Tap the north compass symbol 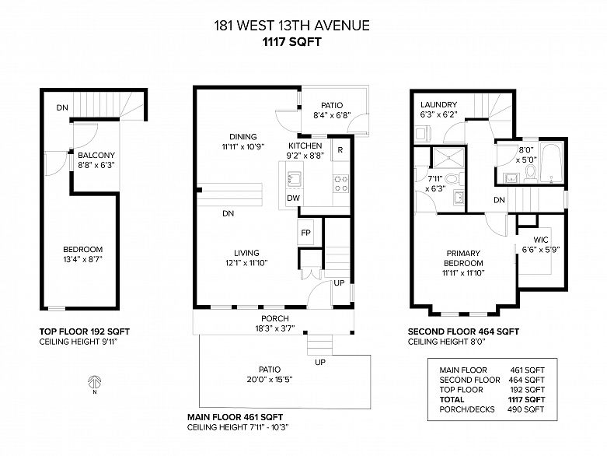tap(96, 382)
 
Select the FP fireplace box tap(306, 233)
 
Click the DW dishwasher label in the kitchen tap(293, 198)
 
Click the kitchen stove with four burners tap(340, 183)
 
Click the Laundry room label tap(438, 105)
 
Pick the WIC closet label tap(541, 240)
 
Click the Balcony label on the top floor tap(96, 155)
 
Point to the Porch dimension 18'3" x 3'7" tap(275, 329)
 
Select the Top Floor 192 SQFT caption tap(84, 331)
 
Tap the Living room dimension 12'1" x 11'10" tap(246, 262)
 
